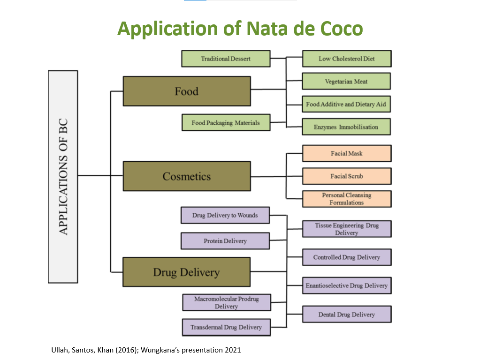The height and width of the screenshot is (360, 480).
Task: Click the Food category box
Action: (x=187, y=91)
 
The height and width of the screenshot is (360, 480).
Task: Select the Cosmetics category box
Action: (x=187, y=176)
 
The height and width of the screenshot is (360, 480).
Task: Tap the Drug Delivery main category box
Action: (x=186, y=272)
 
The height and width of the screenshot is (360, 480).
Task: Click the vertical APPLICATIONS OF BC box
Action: (x=63, y=176)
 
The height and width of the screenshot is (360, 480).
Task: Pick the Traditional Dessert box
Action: (x=226, y=59)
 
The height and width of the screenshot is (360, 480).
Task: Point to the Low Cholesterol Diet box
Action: (x=347, y=59)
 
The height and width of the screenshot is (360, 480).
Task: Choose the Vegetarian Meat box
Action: (x=347, y=82)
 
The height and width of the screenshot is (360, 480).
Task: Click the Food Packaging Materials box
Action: (x=226, y=123)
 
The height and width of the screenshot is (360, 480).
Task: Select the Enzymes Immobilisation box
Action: (x=347, y=127)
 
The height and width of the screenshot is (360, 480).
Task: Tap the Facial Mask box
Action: (x=347, y=153)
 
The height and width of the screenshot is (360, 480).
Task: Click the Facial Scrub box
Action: (x=347, y=176)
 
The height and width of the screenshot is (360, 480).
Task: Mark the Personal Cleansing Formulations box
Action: (x=347, y=199)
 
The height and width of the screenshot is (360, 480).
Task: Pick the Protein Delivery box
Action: (x=225, y=241)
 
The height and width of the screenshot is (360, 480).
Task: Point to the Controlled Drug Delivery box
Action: (x=347, y=257)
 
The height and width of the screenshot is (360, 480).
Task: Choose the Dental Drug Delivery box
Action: (x=347, y=314)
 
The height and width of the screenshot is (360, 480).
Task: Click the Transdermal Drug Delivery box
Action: (x=226, y=327)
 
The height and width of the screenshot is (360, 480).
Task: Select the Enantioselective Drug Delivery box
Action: (x=347, y=285)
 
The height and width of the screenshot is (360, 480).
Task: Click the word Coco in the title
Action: (x=342, y=29)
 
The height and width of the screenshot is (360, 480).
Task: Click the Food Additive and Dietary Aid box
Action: (x=347, y=104)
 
